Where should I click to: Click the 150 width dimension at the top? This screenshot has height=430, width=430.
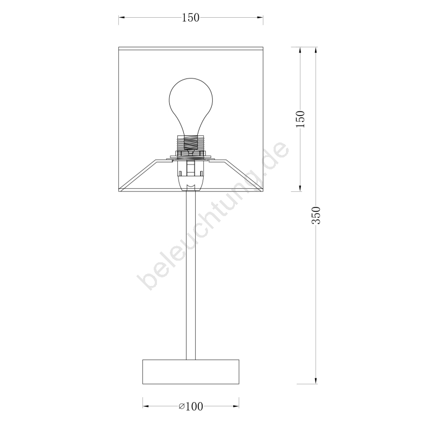point(191,18)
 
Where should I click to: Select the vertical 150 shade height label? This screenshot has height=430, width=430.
point(300,119)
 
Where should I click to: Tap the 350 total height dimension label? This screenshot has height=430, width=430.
point(316,216)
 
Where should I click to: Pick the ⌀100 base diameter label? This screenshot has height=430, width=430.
point(191,406)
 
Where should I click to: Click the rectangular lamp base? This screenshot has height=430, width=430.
point(191,371)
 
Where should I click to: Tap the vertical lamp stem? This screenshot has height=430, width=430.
point(191,275)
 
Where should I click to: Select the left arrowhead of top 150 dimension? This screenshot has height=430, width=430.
point(122,18)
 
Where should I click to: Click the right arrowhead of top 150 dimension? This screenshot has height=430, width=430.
point(260,18)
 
